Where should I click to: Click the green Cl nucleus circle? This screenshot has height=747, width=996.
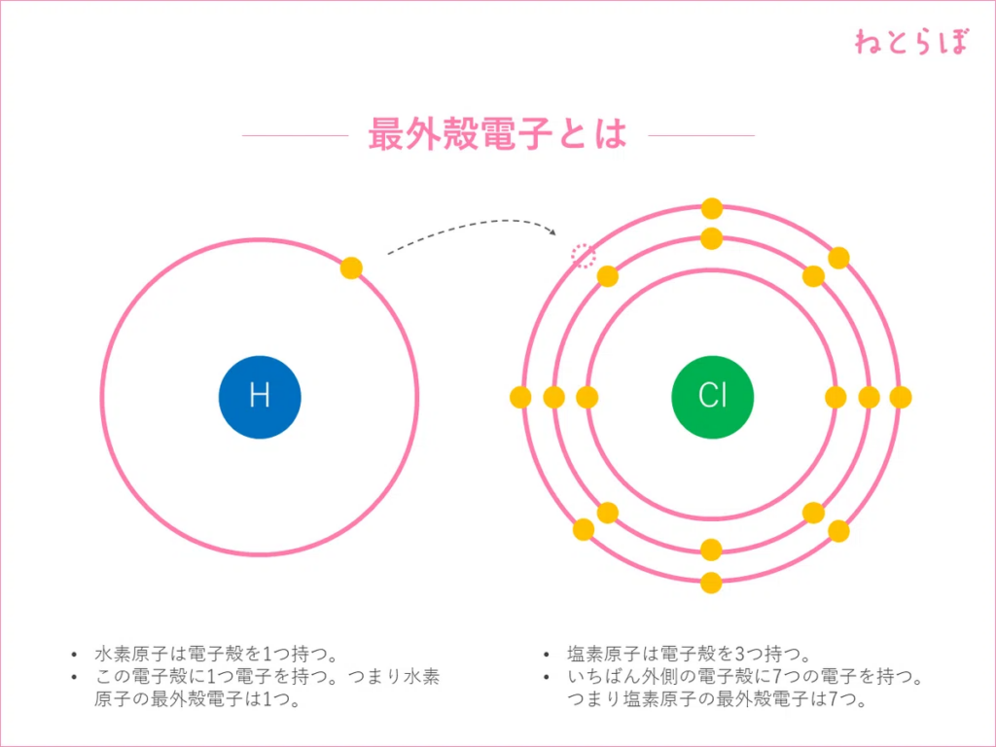coord(712,397)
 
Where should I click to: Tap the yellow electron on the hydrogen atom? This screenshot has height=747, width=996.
coord(351,268)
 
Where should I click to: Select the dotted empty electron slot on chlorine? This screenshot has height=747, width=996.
coord(583,256)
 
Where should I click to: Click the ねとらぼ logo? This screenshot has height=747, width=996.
coord(911,42)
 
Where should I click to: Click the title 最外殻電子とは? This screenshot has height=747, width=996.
coord(497,135)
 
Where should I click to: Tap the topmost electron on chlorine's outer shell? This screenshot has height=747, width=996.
coord(712,208)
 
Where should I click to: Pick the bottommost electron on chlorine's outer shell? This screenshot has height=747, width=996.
coord(711,584)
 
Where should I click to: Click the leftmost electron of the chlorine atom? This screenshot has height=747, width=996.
coord(520,397)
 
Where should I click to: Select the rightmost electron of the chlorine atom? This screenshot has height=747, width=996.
coord(901,397)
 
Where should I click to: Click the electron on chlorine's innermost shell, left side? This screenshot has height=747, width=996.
coord(587,397)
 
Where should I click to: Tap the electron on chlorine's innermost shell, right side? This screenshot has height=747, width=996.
coord(836,397)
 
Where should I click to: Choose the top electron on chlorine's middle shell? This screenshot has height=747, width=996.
coord(711,238)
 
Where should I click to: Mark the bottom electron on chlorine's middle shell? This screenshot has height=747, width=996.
coord(711,550)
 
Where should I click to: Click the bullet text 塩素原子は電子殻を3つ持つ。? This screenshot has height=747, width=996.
coord(689,654)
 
